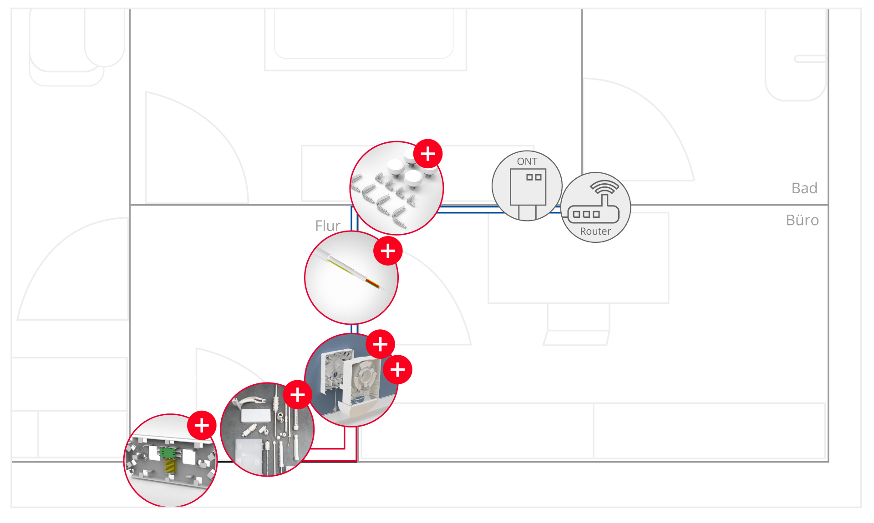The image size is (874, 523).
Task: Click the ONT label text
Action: click(527, 161)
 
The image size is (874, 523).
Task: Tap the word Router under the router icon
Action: click(595, 231)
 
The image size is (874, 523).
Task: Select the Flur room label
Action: click(328, 226)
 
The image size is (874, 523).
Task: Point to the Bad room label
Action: click(804, 188)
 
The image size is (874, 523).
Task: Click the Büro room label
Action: click(803, 220)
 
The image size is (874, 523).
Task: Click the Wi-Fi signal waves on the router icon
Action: click(605, 186)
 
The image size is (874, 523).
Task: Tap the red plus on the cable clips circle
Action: click(428, 154)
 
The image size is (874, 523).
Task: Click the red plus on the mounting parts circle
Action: click(298, 395)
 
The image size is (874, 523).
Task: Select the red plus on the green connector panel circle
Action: click(202, 425)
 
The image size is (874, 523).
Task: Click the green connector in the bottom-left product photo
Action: click(167, 453)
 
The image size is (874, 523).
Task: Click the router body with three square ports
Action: click(594, 214)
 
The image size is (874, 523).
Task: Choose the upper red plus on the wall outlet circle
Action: click(381, 344)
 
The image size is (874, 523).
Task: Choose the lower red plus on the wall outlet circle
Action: click(398, 370)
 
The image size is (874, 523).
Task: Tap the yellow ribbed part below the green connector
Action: click(169, 466)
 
